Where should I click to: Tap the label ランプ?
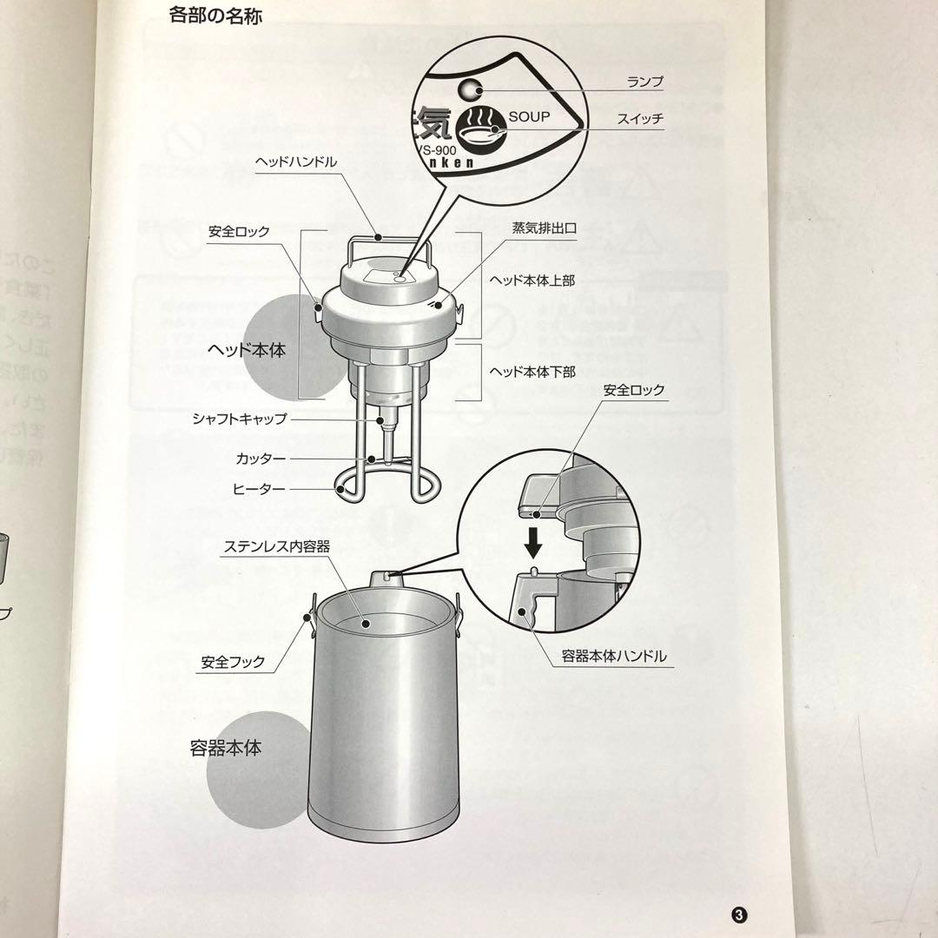coord(644,83)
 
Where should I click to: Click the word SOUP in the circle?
coord(529,116)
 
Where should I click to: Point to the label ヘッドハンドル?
coord(296,162)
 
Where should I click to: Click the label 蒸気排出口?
coord(545,228)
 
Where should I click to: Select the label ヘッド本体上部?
coord(531,281)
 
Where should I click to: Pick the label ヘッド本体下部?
coord(531,371)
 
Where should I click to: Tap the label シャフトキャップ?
coord(240,419)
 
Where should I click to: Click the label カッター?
coord(261,457)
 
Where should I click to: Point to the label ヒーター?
coord(259,489)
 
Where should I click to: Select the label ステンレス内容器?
coord(277,546)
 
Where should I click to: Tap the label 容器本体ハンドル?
coord(613,657)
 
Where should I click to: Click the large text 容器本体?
coord(225,747)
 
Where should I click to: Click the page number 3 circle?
coord(739,915)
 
